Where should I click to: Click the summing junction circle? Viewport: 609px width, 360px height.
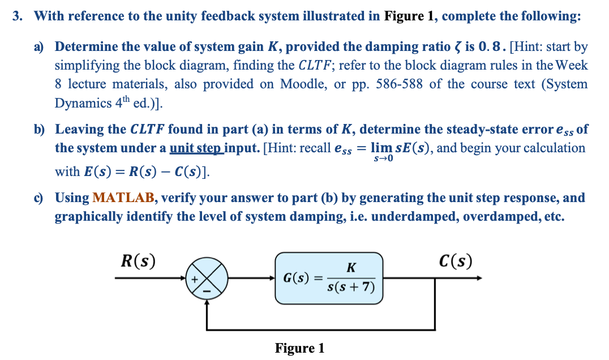click(208, 278)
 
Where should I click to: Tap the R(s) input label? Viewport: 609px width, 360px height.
click(139, 262)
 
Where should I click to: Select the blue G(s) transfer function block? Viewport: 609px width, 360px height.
click(329, 278)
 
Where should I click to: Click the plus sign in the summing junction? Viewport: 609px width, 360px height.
click(194, 278)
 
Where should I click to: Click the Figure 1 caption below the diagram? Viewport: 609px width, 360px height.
click(299, 348)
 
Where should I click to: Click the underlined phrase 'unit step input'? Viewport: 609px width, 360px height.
click(204, 148)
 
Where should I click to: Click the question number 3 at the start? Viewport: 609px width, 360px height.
click(18, 16)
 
